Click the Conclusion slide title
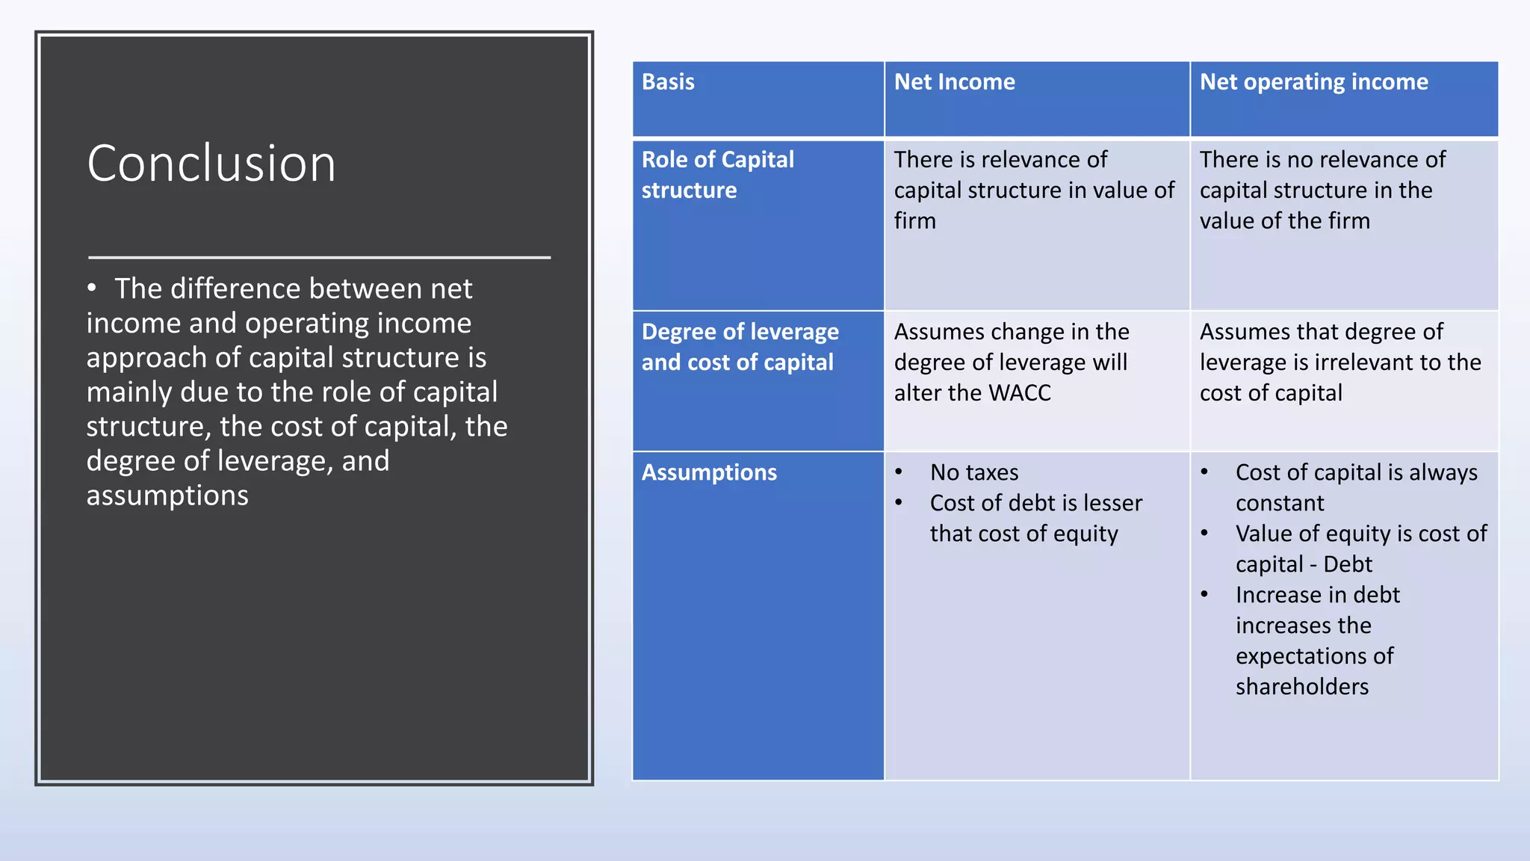[x=211, y=163]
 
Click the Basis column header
[x=668, y=82]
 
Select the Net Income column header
[x=954, y=82]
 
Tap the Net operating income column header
[x=1313, y=82]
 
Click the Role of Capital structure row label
[x=717, y=175]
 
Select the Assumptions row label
[x=709, y=472]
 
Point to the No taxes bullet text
[x=974, y=472]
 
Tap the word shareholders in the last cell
[x=1301, y=687]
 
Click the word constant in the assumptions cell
[x=1279, y=503]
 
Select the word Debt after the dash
[x=1348, y=564]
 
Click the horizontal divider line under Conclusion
[x=319, y=257]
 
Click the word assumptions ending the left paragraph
[x=167, y=496]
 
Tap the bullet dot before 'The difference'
[x=92, y=288]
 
